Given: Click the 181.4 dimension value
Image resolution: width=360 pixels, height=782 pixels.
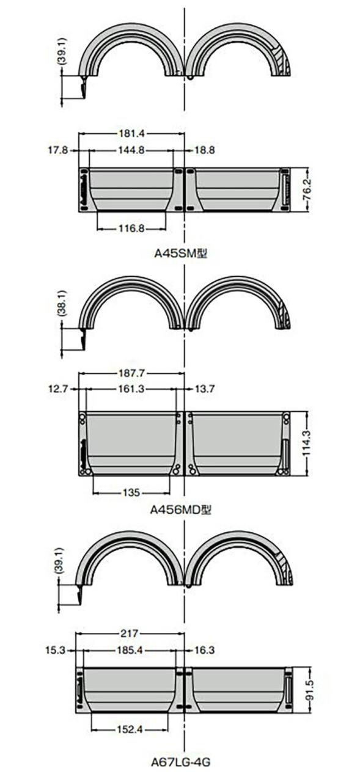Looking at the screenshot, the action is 131,134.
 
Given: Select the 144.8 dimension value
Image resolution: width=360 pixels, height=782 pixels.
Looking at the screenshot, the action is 131,150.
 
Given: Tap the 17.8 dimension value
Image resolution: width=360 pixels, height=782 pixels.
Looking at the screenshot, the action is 58,150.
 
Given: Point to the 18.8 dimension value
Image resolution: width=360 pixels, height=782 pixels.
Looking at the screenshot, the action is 205,150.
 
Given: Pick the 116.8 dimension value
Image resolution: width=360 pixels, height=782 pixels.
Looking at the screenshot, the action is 131,229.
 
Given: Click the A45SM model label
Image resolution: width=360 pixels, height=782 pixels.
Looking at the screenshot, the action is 181,254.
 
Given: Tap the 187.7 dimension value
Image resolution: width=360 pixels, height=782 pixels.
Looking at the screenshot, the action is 131,373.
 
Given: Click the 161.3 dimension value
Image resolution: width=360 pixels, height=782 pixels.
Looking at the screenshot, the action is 131,389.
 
